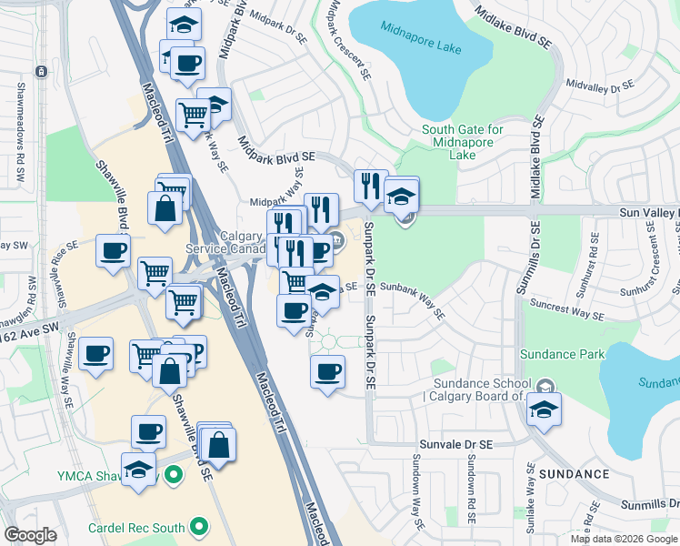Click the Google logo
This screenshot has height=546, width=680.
31,536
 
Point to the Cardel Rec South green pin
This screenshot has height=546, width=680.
197,527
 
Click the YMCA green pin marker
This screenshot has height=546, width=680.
173,474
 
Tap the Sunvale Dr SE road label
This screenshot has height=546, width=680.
455,444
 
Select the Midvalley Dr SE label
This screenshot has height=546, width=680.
598,86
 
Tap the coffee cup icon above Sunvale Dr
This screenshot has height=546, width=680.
327,370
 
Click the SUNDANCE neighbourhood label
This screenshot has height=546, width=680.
574,474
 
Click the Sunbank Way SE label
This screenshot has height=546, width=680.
413,300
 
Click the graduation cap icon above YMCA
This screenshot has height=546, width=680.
138,470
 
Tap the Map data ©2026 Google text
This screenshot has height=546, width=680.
623,539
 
